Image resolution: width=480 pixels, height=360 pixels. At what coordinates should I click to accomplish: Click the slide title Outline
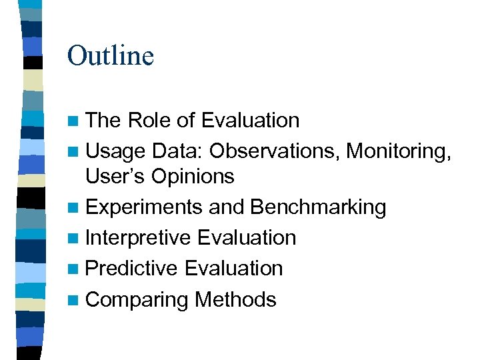tap(111, 55)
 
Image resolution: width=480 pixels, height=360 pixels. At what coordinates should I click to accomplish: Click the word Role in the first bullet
tap(149, 121)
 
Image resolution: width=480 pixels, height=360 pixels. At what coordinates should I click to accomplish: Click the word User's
tap(115, 177)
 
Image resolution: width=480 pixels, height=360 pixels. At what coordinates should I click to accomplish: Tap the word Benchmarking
tap(318, 207)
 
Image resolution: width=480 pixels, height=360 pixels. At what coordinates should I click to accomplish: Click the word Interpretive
tap(139, 238)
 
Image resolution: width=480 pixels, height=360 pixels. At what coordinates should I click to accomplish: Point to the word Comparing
tap(137, 300)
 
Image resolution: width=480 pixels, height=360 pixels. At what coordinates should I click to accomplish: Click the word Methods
tap(235, 299)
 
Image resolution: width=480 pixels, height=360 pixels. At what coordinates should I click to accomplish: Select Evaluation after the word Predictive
tap(233, 269)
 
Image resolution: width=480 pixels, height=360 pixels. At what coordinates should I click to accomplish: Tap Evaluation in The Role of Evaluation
tap(250, 121)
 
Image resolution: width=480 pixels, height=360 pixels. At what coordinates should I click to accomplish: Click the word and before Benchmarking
tap(227, 207)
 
